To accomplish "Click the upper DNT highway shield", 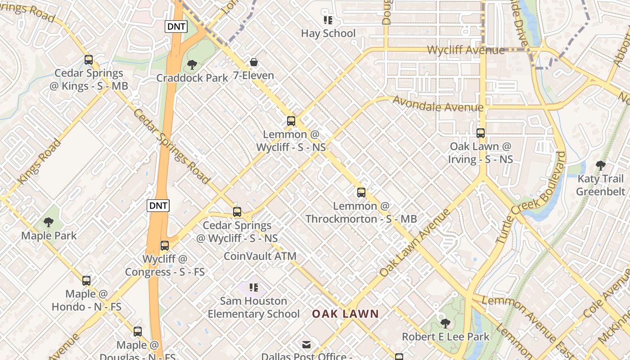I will [x=176, y=27].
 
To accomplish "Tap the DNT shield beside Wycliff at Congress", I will [x=158, y=206].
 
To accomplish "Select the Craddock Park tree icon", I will [x=192, y=64].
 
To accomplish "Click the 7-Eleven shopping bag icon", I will [x=254, y=62].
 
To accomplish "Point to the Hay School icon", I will [x=328, y=20].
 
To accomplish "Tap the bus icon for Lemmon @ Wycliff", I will [x=291, y=121].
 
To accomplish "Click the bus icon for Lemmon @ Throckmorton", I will [x=361, y=193].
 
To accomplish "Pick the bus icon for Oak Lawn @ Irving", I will [x=481, y=133].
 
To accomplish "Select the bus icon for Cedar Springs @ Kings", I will [x=89, y=59].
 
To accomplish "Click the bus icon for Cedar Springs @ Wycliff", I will [x=237, y=211].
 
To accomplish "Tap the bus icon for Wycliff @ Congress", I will [x=165, y=246].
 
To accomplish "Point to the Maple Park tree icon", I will [x=49, y=222].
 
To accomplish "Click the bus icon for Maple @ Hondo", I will [x=86, y=281].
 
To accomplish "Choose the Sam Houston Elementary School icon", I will [x=254, y=287].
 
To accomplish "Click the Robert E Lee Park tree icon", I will [x=445, y=323].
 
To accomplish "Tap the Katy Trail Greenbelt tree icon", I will [x=600, y=165].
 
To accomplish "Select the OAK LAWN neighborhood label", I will [x=346, y=314].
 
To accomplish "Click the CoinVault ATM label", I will [x=260, y=256].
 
